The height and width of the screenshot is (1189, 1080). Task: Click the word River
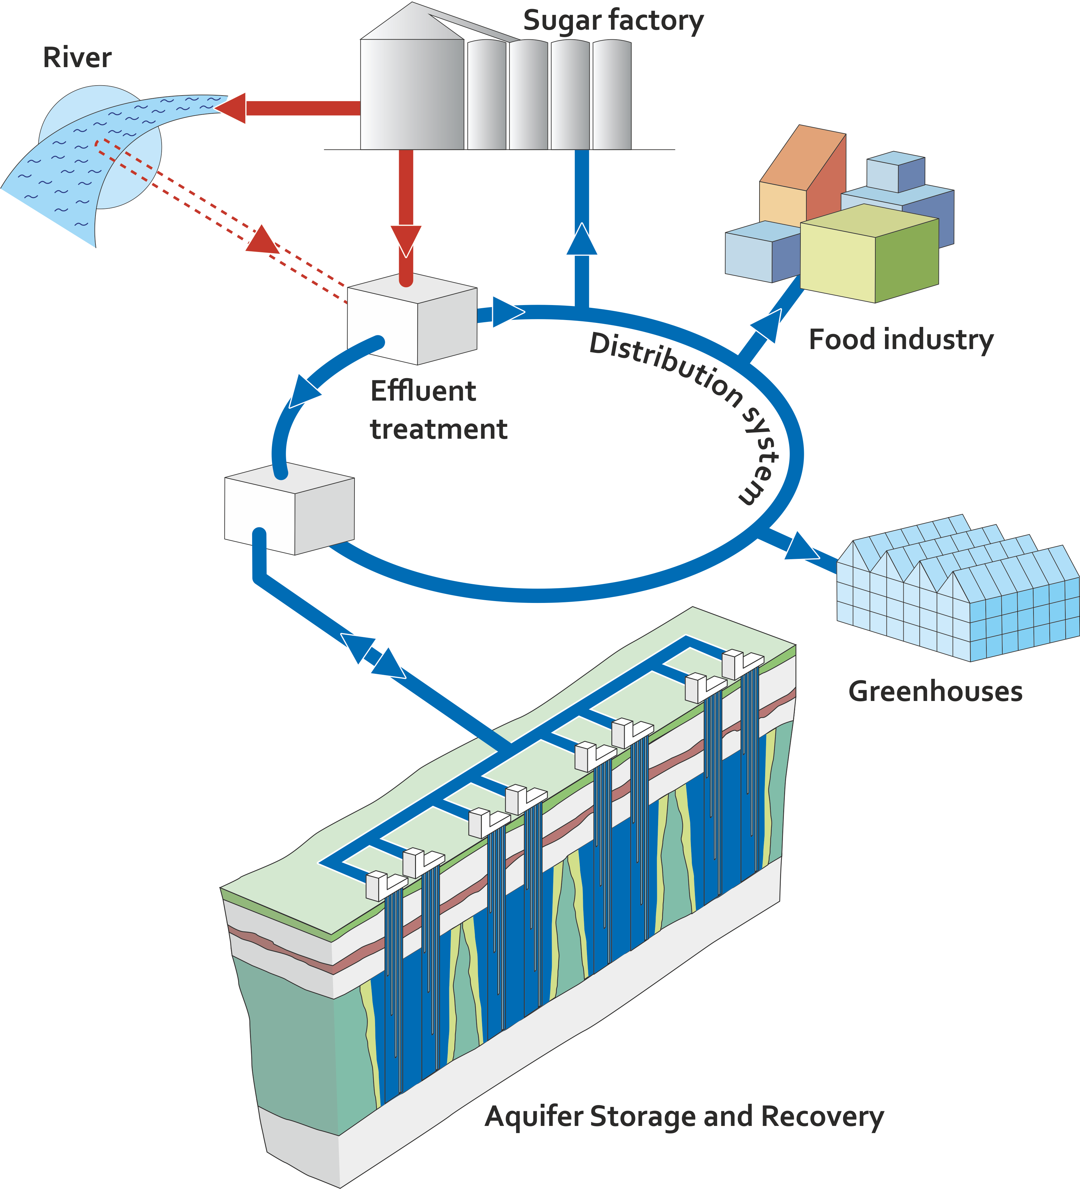pyautogui.click(x=77, y=58)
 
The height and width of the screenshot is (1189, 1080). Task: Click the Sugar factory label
pyautogui.click(x=613, y=21)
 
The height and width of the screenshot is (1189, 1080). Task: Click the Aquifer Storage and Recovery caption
pyautogui.click(x=684, y=1117)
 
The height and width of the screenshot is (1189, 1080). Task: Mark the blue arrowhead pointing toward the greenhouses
pyautogui.click(x=801, y=547)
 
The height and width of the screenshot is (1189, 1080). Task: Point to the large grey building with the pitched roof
pyautogui.click(x=412, y=88)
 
